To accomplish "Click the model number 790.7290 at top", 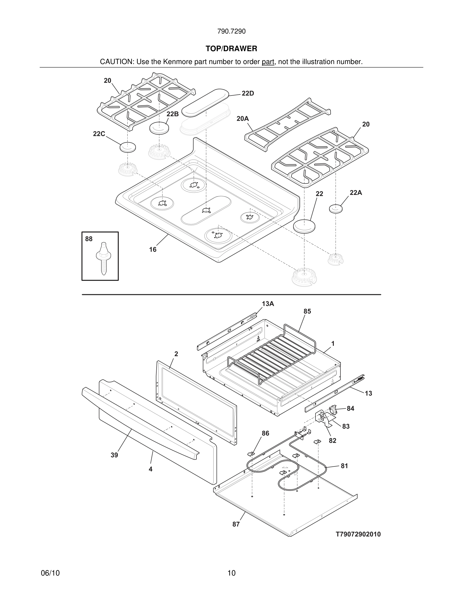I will tap(231, 32).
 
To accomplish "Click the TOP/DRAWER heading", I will tap(231, 49).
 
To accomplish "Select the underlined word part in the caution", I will tap(268, 62).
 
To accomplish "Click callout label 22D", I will tap(248, 94).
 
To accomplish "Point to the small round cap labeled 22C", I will tap(128, 147).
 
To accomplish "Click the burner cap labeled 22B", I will tap(159, 128).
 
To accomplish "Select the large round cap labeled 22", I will tap(304, 226).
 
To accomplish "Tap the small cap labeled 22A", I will tap(336, 208).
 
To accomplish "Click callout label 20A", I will tap(243, 119).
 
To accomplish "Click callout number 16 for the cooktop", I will tap(153, 250).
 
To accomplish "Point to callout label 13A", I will tap(268, 304).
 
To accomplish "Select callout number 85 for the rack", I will tap(307, 311).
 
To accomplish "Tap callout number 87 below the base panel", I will tap(236, 524).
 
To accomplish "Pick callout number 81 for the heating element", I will tap(344, 466).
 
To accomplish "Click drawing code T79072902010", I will tap(358, 534).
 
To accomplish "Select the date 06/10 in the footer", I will tap(50, 573).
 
